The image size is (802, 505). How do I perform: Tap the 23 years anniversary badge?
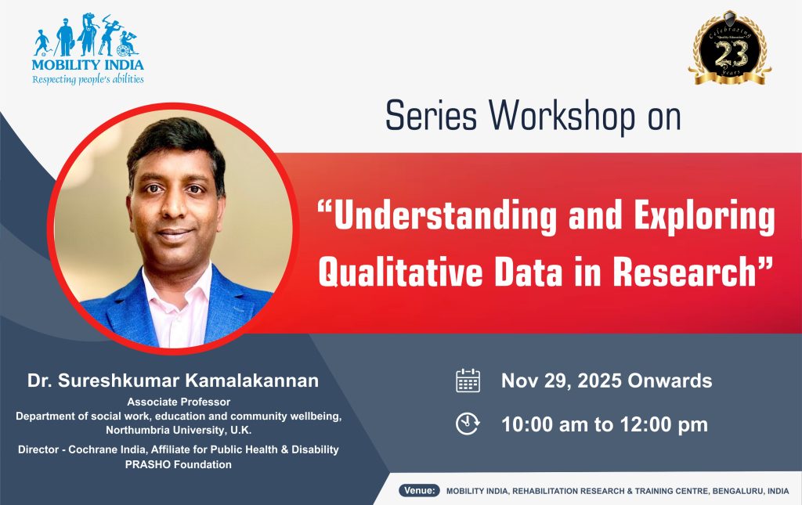730,49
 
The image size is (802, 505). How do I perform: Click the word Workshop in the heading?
562,116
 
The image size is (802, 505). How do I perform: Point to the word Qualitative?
399,272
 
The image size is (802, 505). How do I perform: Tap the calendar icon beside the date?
468,381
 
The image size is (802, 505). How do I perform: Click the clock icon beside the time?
468,424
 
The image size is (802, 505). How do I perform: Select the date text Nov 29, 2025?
562,381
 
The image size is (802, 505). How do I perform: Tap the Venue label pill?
420,490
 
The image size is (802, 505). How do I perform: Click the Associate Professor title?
179,402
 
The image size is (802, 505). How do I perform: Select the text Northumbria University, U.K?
179,431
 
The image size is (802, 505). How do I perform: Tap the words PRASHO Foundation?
179,464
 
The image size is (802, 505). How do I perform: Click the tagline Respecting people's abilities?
88,79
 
